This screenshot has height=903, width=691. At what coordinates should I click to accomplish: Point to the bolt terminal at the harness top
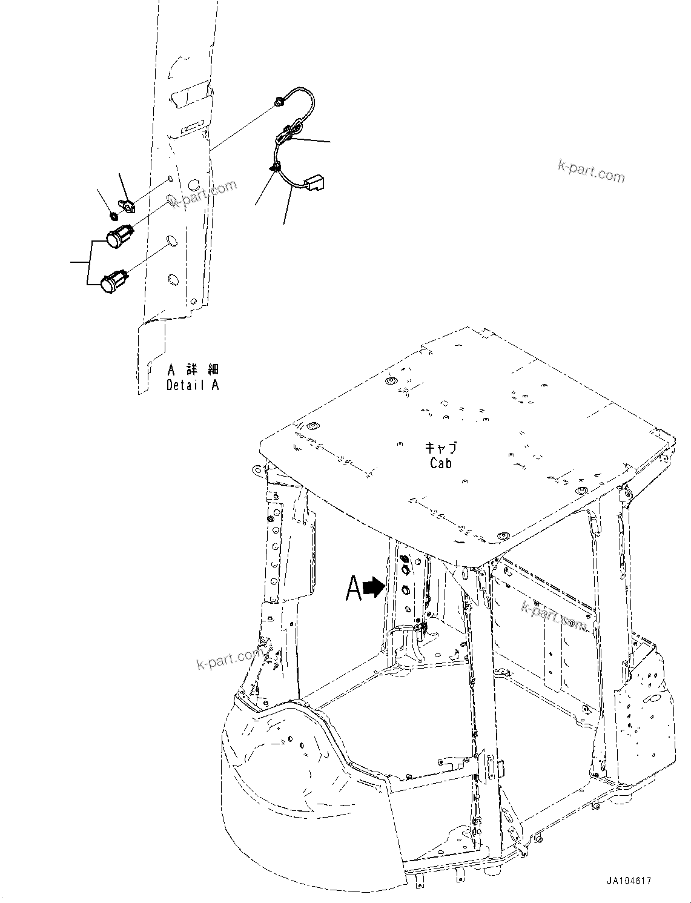pos(277,103)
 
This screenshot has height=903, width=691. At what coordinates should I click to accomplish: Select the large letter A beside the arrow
pos(354,589)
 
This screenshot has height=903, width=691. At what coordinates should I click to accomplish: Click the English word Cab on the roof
pos(441,463)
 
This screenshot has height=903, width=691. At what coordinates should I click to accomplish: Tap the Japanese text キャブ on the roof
pos(441,448)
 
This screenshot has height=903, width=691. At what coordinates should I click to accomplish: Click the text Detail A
pos(193,385)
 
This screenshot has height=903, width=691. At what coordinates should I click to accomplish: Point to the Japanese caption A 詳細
pos(193,369)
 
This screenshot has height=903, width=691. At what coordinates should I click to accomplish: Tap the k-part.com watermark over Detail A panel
pos(203,194)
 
